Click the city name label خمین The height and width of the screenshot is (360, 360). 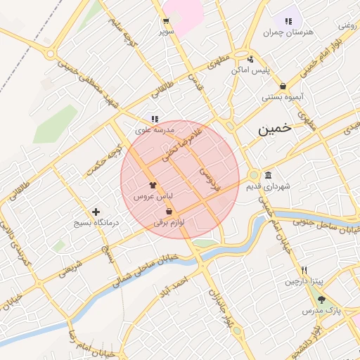[x=274, y=129]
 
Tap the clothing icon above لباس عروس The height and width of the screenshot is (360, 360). [x=153, y=184]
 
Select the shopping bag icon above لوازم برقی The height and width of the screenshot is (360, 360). [x=169, y=211]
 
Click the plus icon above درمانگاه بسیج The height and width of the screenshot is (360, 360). [x=96, y=212]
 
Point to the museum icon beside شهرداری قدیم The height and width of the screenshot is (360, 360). [x=268, y=175]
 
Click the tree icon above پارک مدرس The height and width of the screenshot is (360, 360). [x=321, y=300]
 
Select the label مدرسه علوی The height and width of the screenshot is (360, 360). [x=155, y=130]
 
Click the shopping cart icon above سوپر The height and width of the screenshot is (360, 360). [x=166, y=20]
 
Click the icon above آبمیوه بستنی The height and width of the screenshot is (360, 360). [x=283, y=86]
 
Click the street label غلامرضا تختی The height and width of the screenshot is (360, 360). [x=182, y=145]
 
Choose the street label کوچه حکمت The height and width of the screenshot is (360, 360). [x=105, y=160]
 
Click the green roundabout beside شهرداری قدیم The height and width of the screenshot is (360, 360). [x=254, y=176]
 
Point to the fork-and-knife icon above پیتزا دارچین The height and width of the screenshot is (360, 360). [x=304, y=270]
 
